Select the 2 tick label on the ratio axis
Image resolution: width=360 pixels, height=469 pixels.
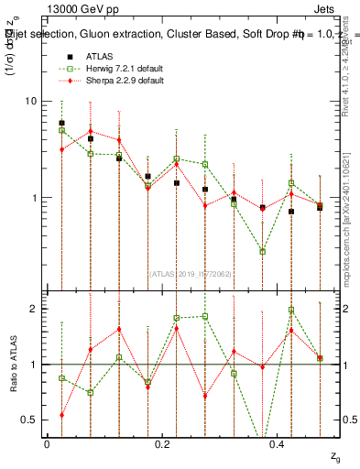pyautogui.click(x=33, y=309)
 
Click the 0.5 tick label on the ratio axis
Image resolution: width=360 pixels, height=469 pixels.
pyautogui.click(x=29, y=420)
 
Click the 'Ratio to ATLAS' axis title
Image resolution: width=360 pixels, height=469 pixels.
pyautogui.click(x=13, y=365)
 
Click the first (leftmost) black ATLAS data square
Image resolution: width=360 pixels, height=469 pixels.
pyautogui.click(x=61, y=123)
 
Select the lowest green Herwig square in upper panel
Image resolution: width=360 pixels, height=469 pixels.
pyautogui.click(x=263, y=251)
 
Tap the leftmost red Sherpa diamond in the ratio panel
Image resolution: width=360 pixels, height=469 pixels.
pyautogui.click(x=61, y=415)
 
